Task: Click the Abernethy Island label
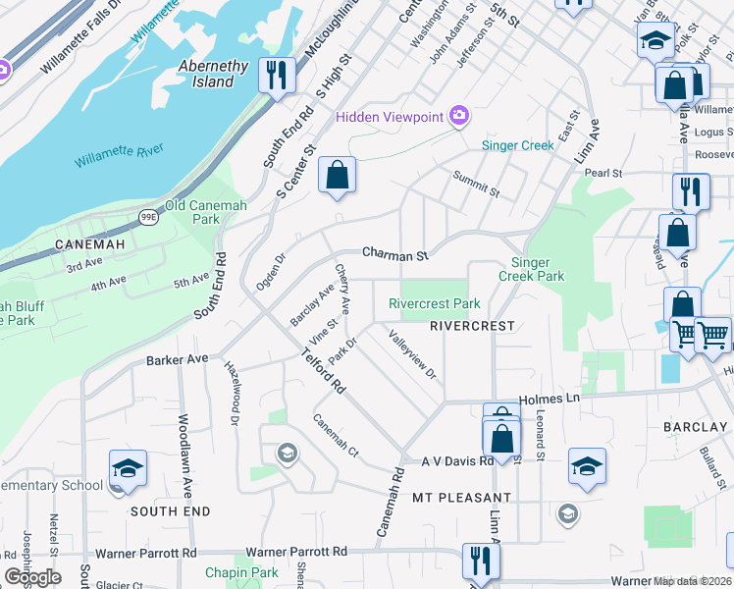click(213, 74)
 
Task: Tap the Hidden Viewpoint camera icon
click(458, 117)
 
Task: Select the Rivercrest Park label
click(435, 304)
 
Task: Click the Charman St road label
click(395, 254)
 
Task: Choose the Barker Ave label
click(178, 360)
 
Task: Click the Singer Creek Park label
click(538, 269)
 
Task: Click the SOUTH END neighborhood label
click(170, 511)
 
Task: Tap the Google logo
click(32, 577)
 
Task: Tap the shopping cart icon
click(713, 335)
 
